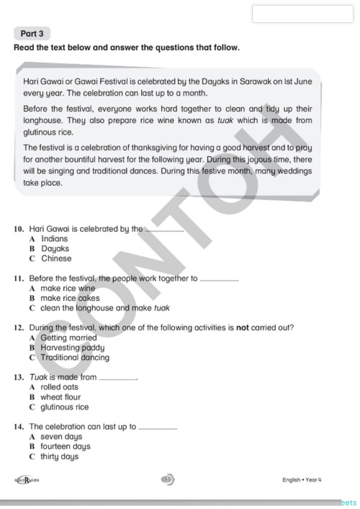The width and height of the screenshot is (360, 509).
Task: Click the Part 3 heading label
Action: pyautogui.click(x=32, y=33)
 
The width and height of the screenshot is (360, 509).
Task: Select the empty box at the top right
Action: pyautogui.click(x=302, y=13)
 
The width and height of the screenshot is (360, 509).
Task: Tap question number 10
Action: pyautogui.click(x=19, y=229)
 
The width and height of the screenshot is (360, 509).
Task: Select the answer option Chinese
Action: pyautogui.click(x=56, y=258)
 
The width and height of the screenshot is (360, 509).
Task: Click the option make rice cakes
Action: pyautogui.click(x=70, y=298)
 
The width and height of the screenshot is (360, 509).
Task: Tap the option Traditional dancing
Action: pyautogui.click(x=75, y=358)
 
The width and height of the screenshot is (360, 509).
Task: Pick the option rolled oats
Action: pyautogui.click(x=59, y=387)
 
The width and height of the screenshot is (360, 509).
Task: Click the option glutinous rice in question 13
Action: pyautogui.click(x=64, y=407)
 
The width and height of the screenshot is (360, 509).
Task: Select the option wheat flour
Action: pyautogui.click(x=60, y=397)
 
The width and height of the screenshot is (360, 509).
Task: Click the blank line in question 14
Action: pyautogui.click(x=156, y=428)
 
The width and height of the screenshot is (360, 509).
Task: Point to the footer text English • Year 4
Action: pyautogui.click(x=302, y=479)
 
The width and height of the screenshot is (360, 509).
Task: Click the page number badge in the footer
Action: pyautogui.click(x=168, y=479)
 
